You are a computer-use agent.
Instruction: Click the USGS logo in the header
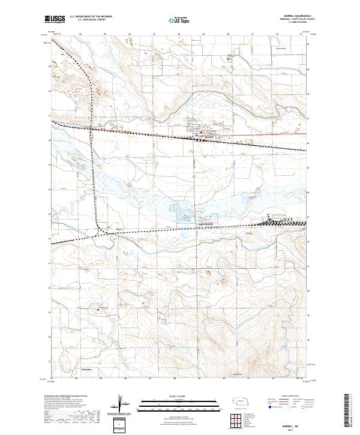(x=55, y=20)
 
